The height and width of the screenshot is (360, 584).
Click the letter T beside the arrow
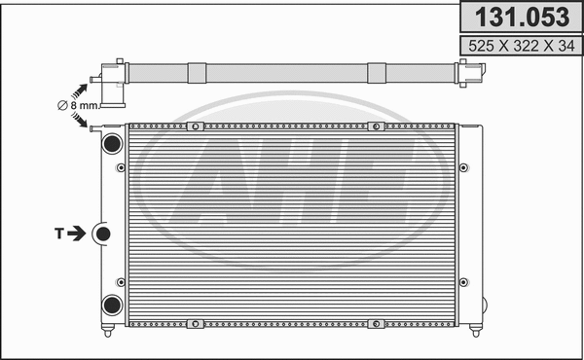click(x=59, y=234)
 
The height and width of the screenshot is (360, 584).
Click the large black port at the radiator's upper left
click(x=111, y=142)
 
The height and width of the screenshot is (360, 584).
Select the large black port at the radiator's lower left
click(x=111, y=304)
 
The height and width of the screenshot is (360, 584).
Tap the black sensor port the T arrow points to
click(x=102, y=234)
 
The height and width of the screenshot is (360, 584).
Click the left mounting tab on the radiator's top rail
click(x=195, y=126)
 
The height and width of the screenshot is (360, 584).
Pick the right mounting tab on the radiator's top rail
click(x=374, y=126)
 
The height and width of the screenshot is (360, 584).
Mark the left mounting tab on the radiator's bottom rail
click(x=195, y=322)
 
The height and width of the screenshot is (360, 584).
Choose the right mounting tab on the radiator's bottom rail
click(x=374, y=322)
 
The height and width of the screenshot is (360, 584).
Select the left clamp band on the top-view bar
click(x=196, y=73)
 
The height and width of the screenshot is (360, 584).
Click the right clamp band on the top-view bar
click(x=376, y=73)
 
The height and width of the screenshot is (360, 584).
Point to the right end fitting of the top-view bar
click(x=468, y=72)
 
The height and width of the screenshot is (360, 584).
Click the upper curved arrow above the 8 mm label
click(x=77, y=87)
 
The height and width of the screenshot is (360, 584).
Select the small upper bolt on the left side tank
click(x=121, y=167)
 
